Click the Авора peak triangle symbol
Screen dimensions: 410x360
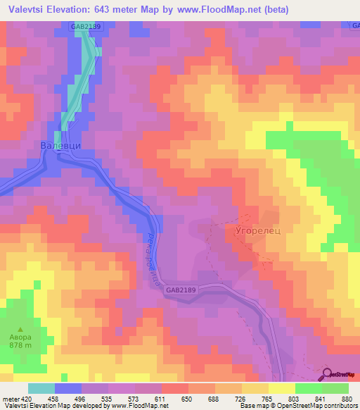20,329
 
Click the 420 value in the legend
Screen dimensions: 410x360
28,398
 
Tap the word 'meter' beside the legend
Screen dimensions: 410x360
11,398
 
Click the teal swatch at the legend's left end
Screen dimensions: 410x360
41,388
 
